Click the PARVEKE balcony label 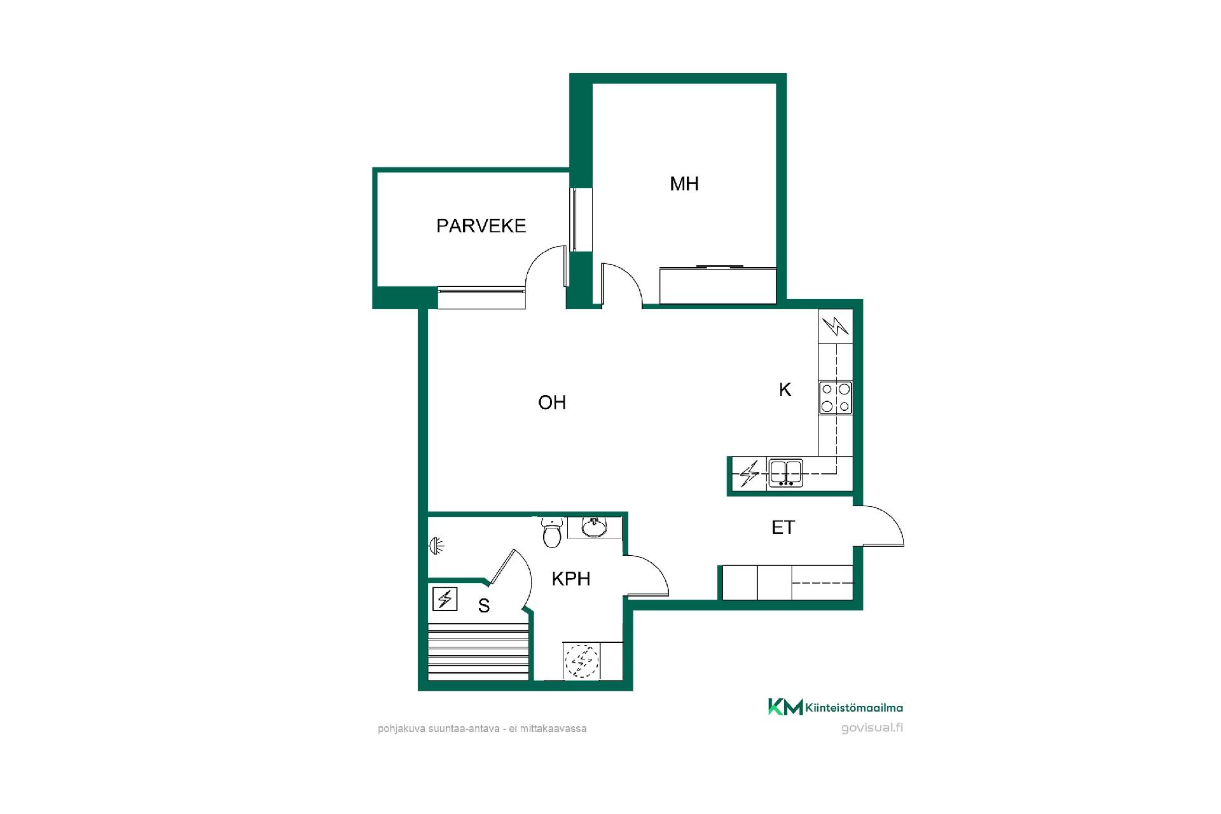pyautogui.click(x=481, y=226)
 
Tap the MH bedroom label pyautogui.click(x=684, y=184)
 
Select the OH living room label pyautogui.click(x=552, y=402)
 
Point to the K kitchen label pyautogui.click(x=785, y=390)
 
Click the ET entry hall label pyautogui.click(x=783, y=527)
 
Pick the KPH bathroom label pyautogui.click(x=571, y=579)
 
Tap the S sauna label pyautogui.click(x=484, y=606)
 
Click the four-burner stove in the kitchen pyautogui.click(x=836, y=397)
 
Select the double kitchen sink pyautogui.click(x=785, y=473)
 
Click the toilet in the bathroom pyautogui.click(x=552, y=532)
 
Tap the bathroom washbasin pyautogui.click(x=595, y=527)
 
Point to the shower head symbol pyautogui.click(x=436, y=545)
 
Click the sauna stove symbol pyautogui.click(x=445, y=598)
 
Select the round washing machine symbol pyautogui.click(x=582, y=661)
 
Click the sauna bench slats pyautogui.click(x=479, y=652)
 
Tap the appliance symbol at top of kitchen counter pyautogui.click(x=836, y=326)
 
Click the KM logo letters pyautogui.click(x=785, y=707)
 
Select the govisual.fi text pyautogui.click(x=872, y=728)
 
